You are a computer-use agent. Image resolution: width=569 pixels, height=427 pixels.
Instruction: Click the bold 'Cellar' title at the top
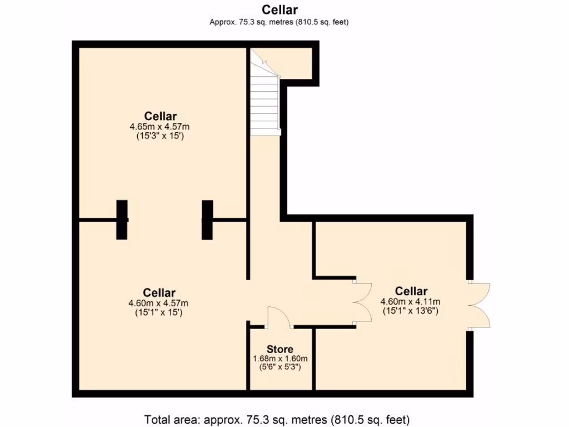tap(279, 10)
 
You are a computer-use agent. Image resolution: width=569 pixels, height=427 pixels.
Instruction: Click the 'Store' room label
tap(280, 349)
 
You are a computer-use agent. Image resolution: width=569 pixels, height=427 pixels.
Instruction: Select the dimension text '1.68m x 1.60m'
tap(280, 359)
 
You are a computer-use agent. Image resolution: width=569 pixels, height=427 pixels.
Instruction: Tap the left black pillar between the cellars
tap(122, 220)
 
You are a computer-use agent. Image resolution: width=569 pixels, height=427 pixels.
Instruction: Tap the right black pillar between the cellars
tap(207, 220)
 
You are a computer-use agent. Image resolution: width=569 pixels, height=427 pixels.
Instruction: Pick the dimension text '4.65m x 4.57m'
tap(161, 126)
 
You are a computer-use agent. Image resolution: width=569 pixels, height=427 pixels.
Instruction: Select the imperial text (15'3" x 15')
tap(161, 135)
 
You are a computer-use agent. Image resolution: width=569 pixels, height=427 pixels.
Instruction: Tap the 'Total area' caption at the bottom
tap(277, 418)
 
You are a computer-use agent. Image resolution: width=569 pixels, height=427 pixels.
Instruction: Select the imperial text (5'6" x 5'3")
tap(280, 368)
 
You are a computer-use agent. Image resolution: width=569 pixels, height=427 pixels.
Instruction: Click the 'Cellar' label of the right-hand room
tap(411, 291)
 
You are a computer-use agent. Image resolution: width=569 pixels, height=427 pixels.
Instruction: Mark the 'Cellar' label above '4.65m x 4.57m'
tap(161, 116)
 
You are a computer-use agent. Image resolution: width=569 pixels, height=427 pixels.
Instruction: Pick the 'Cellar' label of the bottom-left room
tap(159, 293)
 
